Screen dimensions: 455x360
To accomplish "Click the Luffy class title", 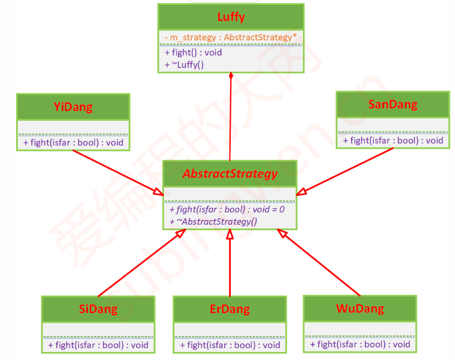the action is tap(231, 17).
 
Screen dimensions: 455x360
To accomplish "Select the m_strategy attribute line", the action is tap(231, 38).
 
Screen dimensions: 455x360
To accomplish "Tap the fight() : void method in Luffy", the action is tap(194, 53).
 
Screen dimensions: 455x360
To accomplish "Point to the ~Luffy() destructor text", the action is tap(184, 65).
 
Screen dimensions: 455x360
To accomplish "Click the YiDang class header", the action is tap(73, 107).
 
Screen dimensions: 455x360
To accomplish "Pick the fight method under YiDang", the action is tap(73, 143).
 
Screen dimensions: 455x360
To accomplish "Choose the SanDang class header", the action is tap(392, 104).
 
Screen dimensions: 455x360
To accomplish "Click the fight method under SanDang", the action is tap(393, 141).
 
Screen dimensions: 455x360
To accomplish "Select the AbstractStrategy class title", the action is tap(230, 174).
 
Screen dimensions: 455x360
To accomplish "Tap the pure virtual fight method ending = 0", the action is tap(227, 209).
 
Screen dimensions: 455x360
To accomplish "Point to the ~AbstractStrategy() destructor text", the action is tap(213, 221).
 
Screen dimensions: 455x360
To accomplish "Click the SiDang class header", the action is tap(98, 309).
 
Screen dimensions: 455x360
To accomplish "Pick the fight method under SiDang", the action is tap(98, 345).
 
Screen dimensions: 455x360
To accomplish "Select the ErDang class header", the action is tap(230, 309).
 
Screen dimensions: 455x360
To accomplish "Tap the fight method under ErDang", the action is tap(230, 345).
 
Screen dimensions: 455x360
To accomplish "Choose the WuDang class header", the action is tap(360, 308).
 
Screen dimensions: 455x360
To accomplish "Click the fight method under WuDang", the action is tap(360, 344).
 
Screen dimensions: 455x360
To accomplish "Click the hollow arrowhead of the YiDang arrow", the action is tap(158, 192).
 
